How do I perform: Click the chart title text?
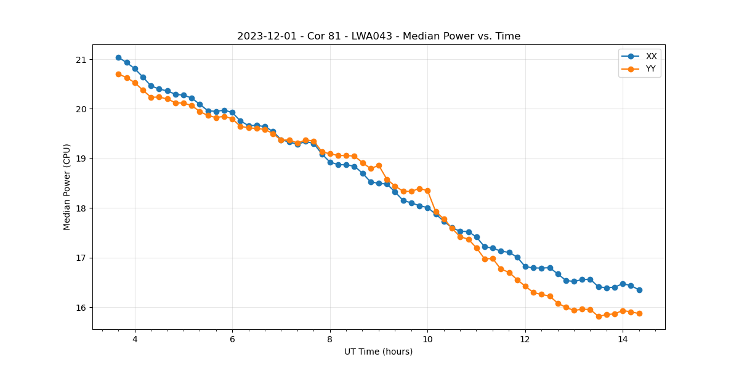coord(379,36)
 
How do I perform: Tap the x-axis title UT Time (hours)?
coord(378,351)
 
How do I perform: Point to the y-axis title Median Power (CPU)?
coord(67,187)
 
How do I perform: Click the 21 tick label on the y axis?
coord(81,60)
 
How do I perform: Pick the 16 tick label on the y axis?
coord(81,308)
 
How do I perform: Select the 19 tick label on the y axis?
coord(81,159)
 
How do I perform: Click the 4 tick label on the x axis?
coord(135,339)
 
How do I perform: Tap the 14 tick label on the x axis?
coord(623,339)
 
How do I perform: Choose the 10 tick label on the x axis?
coord(427,339)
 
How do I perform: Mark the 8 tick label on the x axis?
coord(330,339)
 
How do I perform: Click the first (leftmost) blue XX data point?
coord(118,57)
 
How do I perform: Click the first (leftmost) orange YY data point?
coord(118,74)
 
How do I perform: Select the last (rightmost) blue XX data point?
coord(639,290)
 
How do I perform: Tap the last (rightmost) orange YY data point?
coord(639,313)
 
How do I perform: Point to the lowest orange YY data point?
coord(599,316)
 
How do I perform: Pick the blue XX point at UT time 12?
coord(525,266)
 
